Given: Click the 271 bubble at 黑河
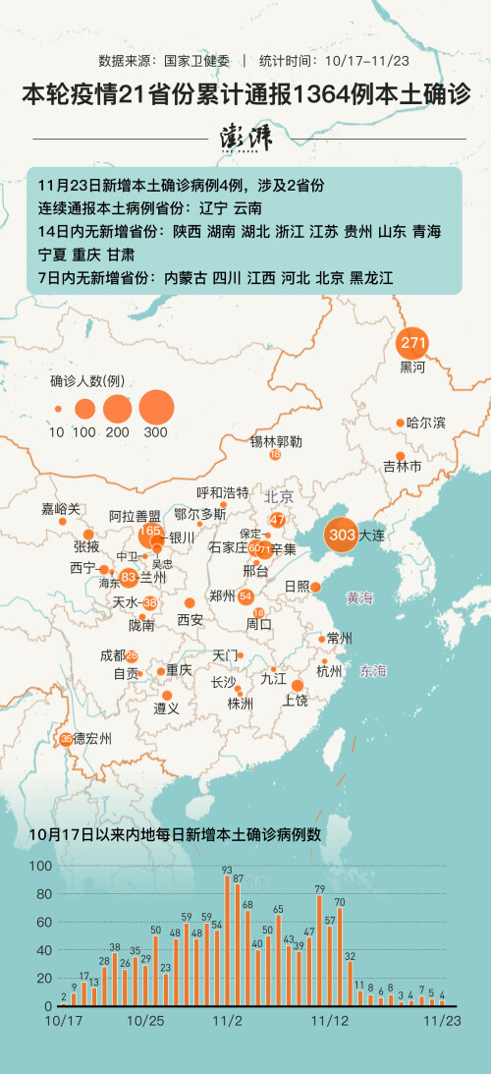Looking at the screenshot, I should click(x=412, y=344).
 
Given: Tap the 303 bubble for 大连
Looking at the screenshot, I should click(x=342, y=536).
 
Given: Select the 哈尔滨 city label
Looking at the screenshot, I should click(x=425, y=423).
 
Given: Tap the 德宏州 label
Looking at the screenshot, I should click(x=92, y=738).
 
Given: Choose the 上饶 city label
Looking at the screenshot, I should click(x=296, y=700).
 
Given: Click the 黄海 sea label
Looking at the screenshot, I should click(x=359, y=597).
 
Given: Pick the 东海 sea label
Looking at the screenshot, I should click(x=373, y=671).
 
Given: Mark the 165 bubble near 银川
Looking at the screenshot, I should click(x=150, y=532).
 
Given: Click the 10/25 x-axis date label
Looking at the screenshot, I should click(x=144, y=1020).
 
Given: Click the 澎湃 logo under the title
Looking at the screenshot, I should click(x=245, y=139).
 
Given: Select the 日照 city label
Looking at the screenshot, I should click(x=296, y=586).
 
